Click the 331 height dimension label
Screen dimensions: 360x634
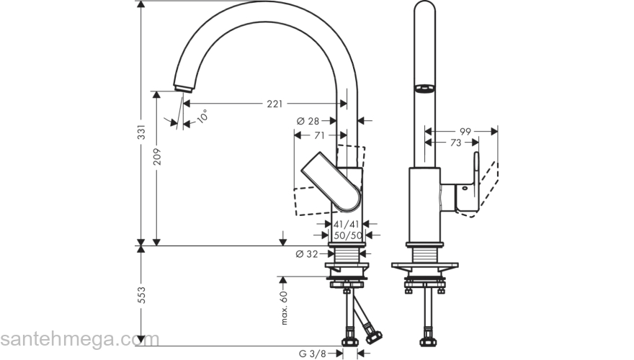click(142, 132)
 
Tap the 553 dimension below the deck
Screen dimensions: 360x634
click(142, 294)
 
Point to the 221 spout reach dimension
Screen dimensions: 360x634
click(274, 104)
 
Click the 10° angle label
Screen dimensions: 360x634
click(202, 117)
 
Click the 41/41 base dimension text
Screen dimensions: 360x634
click(347, 224)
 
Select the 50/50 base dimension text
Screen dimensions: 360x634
click(347, 235)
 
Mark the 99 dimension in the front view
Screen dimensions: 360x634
click(465, 131)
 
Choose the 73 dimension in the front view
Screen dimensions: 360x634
click(455, 143)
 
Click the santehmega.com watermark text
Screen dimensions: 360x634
click(69, 338)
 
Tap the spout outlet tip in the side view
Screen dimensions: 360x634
click(182, 87)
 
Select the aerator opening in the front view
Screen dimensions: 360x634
click(424, 90)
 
